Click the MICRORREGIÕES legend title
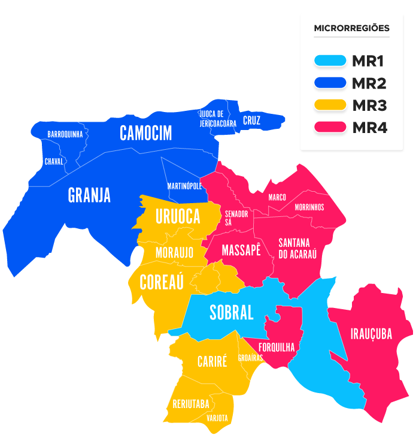pyautogui.click(x=351, y=28)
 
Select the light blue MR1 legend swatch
pyautogui.click(x=330, y=61)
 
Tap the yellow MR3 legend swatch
pyautogui.click(x=330, y=105)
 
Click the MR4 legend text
pyautogui.click(x=369, y=128)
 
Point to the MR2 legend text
pyautogui.click(x=369, y=83)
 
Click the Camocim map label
pyautogui.click(x=145, y=133)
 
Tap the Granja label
pyautogui.click(x=89, y=195)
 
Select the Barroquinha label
pyautogui.click(x=65, y=135)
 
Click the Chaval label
pyautogui.click(x=54, y=162)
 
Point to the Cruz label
pyautogui.click(x=251, y=120)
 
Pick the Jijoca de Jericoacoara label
pyautogui.click(x=214, y=119)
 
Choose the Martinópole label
pyautogui.click(x=184, y=186)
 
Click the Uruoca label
pyautogui.click(x=178, y=217)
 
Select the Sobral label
pyautogui.click(x=231, y=312)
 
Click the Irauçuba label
pyautogui.click(x=371, y=334)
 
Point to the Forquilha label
pyautogui.click(x=277, y=347)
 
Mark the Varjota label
pyautogui.click(x=217, y=418)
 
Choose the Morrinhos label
pyautogui.click(x=309, y=207)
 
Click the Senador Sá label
pyautogui.click(x=236, y=218)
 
